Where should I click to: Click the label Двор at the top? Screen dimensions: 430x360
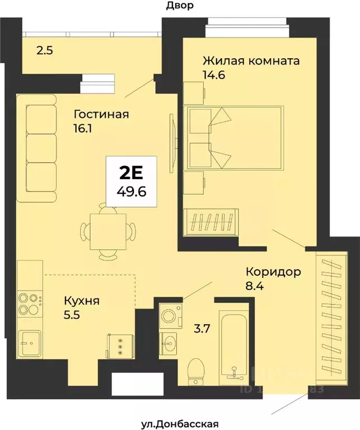180,6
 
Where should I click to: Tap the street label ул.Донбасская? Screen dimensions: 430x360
180,424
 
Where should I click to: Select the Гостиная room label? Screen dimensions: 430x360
101,115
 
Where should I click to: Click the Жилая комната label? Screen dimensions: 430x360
251,60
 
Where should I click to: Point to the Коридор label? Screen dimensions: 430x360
274,272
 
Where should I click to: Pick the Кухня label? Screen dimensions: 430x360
82,301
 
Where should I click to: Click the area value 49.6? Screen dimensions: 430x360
132,191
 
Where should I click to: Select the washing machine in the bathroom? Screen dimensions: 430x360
168,316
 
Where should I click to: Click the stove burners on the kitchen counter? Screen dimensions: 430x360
30,303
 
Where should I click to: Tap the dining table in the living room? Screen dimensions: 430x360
108,230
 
